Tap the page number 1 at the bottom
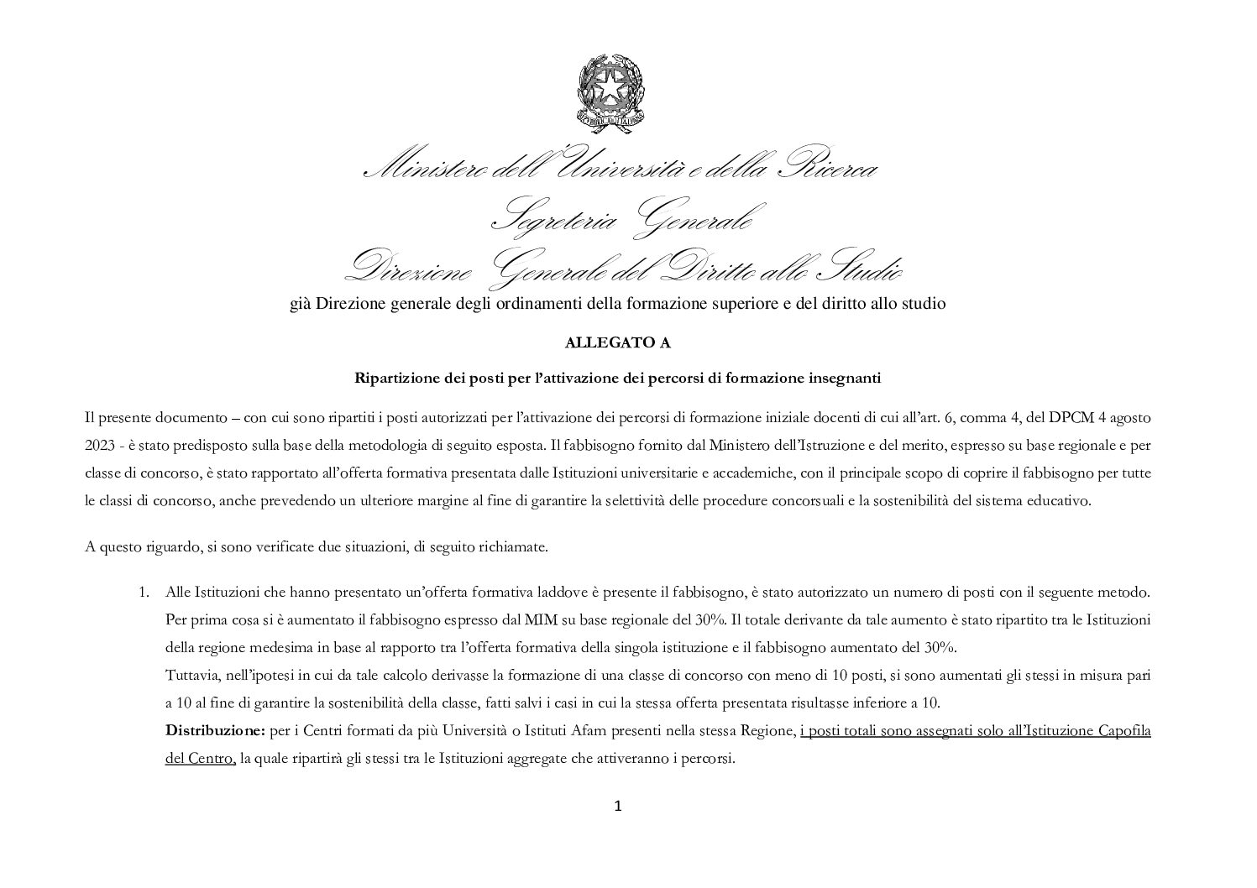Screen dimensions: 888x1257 [x=618, y=807]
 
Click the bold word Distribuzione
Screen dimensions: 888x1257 [x=215, y=731]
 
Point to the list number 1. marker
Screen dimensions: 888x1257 [x=144, y=593]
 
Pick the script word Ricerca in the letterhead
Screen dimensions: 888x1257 [x=827, y=169]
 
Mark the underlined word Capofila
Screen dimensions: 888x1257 [x=1123, y=731]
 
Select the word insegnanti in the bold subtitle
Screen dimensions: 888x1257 [x=845, y=378]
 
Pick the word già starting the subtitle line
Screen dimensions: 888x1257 [x=300, y=304]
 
